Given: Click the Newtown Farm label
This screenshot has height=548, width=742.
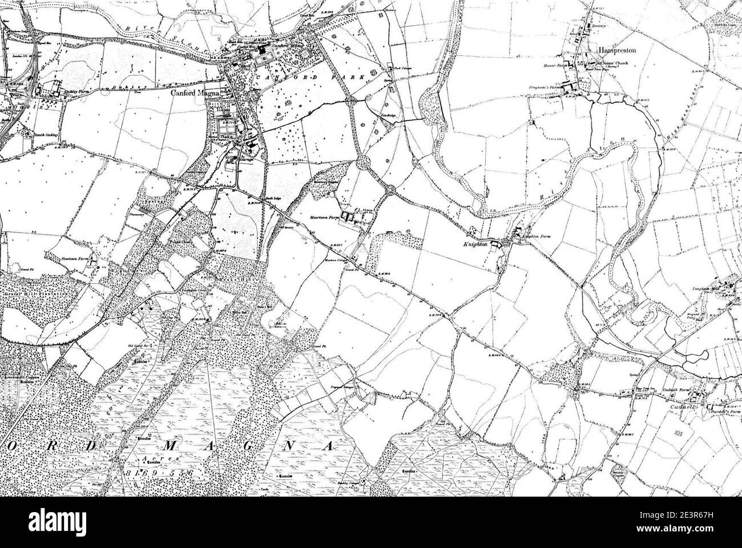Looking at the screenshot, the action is [x=75, y=259].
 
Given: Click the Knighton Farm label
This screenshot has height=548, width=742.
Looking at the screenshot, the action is [x=535, y=235].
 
